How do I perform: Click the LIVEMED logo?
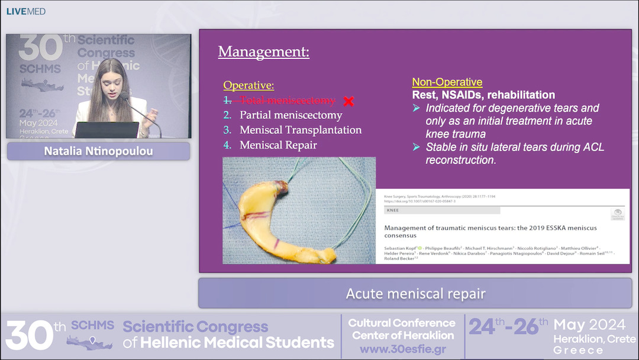click(x=25, y=11)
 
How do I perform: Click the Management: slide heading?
click(x=263, y=52)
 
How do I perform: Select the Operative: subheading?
click(x=248, y=85)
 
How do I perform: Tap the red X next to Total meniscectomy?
click(x=348, y=101)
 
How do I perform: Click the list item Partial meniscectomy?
click(x=291, y=115)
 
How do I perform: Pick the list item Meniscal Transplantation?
click(x=300, y=130)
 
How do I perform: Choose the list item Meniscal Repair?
click(x=278, y=144)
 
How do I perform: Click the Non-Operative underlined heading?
click(x=447, y=82)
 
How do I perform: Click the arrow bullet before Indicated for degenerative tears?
click(x=416, y=108)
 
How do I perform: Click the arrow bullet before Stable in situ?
click(x=416, y=147)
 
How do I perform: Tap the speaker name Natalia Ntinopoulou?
click(x=98, y=151)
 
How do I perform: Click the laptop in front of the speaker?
click(x=106, y=130)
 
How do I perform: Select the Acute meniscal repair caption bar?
click(x=415, y=294)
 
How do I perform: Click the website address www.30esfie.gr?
click(x=402, y=349)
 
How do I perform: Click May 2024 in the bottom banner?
click(x=589, y=324)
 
